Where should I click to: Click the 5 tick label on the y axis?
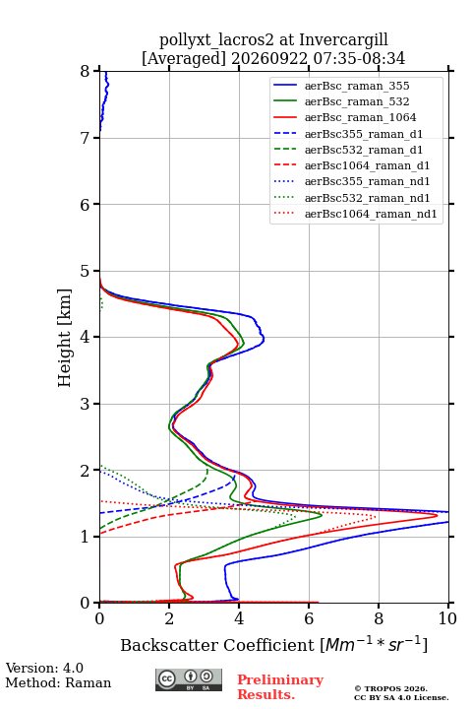(86, 271)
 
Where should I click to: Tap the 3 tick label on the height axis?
(86, 404)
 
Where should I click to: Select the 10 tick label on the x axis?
(447, 618)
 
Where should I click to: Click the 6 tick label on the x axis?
(309, 618)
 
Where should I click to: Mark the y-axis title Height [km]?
(65, 338)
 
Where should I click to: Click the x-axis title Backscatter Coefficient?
(217, 645)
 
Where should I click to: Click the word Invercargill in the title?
(344, 39)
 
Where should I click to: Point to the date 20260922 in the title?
(269, 58)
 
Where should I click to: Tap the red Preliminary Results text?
(280, 687)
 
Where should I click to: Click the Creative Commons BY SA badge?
(189, 679)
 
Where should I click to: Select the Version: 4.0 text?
(44, 668)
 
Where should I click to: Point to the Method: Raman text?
(58, 682)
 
